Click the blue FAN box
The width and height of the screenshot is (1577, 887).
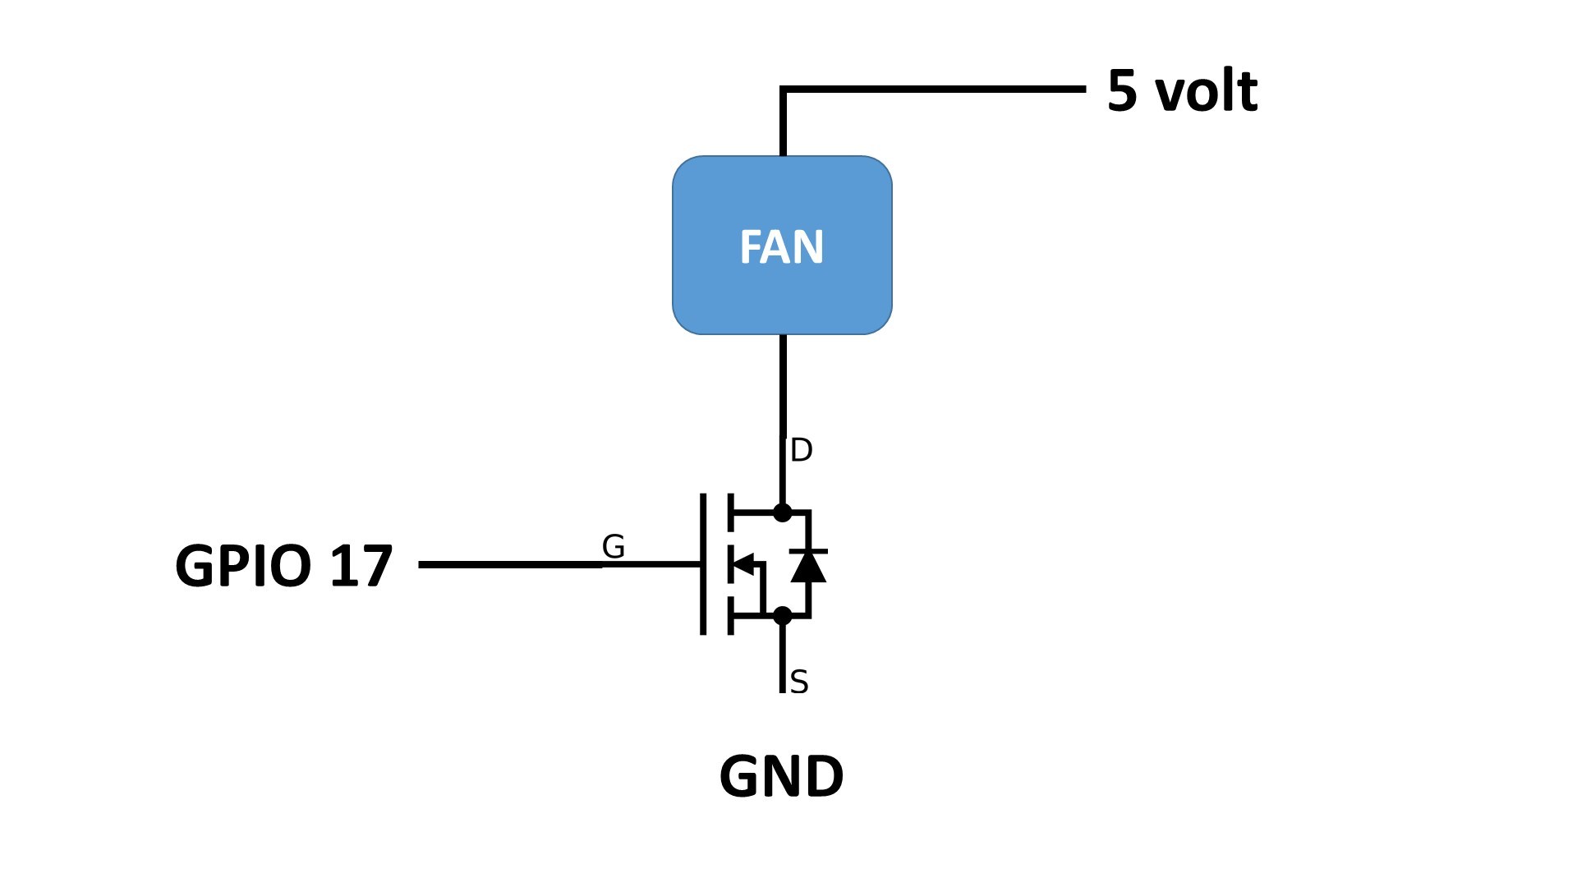tap(782, 245)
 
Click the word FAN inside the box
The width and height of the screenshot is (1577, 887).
tap(782, 247)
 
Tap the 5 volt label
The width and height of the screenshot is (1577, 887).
tap(1182, 90)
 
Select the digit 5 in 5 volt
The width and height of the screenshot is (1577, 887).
tap(1122, 91)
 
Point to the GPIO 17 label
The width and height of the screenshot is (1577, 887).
tap(284, 565)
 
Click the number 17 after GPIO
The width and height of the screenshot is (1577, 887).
tap(361, 565)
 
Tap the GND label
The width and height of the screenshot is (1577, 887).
tap(781, 776)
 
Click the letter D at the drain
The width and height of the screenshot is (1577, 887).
tap(801, 450)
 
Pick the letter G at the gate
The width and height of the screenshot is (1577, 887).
tap(614, 546)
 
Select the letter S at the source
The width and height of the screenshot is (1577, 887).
tap(799, 682)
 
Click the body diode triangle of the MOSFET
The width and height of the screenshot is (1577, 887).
tap(808, 566)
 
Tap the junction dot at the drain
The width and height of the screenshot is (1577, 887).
tap(783, 512)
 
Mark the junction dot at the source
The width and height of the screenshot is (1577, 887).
tap(783, 615)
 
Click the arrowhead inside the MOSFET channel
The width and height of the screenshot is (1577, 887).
tap(743, 564)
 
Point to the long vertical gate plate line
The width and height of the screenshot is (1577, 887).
tap(703, 564)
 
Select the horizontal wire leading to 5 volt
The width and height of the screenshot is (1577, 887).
tap(933, 89)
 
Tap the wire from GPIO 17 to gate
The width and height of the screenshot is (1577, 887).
tap(559, 564)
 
